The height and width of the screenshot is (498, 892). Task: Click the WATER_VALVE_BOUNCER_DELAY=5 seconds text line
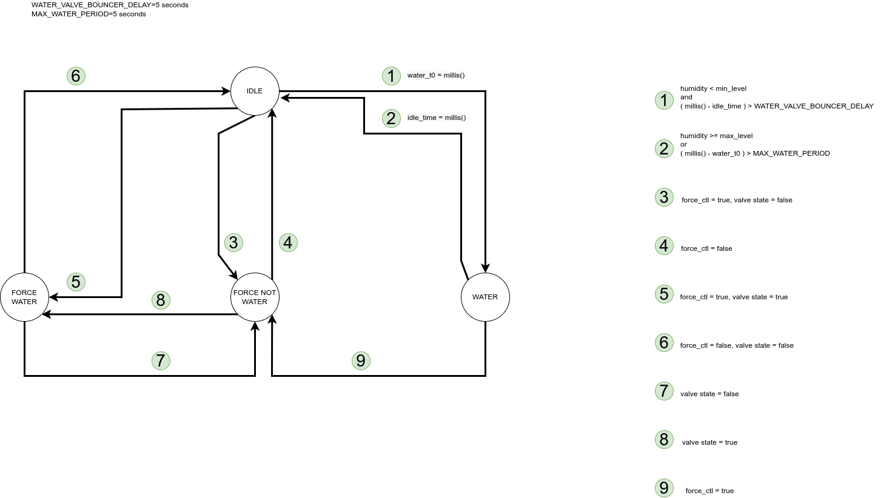click(110, 5)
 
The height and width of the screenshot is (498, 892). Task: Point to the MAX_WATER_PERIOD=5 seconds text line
click(89, 15)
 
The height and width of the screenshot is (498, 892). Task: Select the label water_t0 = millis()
click(436, 75)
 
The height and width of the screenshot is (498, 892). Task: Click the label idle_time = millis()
click(437, 118)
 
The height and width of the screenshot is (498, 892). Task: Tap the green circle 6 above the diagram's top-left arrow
click(76, 76)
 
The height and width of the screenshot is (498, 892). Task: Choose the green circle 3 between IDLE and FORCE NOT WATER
click(233, 242)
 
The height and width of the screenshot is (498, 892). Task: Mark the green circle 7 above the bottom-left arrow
click(161, 360)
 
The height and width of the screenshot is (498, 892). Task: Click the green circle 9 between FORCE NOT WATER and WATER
click(361, 360)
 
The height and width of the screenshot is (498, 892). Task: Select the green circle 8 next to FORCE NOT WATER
click(161, 300)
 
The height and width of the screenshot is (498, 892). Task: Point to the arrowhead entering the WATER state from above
click(485, 268)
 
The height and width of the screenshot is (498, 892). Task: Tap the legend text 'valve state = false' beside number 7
click(709, 394)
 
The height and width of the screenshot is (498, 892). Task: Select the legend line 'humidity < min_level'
click(713, 88)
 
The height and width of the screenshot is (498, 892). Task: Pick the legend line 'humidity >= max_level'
click(716, 136)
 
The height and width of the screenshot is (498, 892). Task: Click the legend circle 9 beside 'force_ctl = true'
click(664, 488)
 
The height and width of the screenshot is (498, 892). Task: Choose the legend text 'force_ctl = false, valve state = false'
click(737, 345)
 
